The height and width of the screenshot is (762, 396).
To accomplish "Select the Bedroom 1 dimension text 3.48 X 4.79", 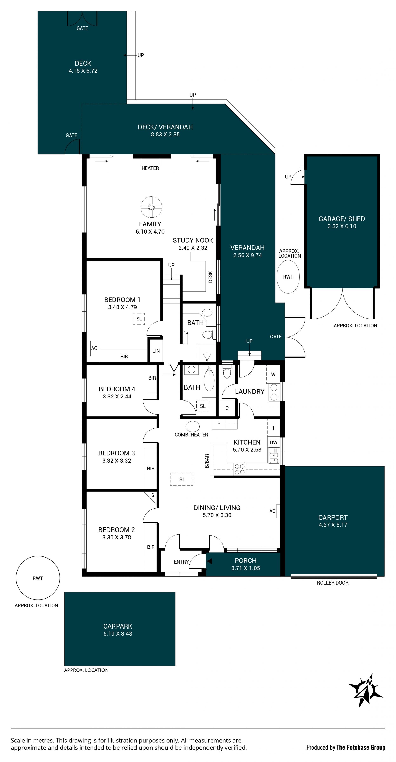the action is click(x=123, y=307).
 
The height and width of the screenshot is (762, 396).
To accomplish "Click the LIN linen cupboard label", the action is click(x=156, y=351).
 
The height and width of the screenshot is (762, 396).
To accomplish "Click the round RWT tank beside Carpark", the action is click(x=38, y=578).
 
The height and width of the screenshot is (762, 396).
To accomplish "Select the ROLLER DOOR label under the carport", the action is click(x=333, y=583).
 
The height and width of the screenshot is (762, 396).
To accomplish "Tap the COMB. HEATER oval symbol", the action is click(x=192, y=426).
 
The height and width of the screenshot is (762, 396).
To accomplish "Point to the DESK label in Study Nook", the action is click(x=210, y=277).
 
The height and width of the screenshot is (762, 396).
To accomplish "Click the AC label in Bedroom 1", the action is click(x=94, y=348).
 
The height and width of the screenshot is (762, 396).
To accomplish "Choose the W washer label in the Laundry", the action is click(x=273, y=375).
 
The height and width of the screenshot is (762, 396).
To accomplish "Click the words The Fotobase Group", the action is click(x=361, y=748).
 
